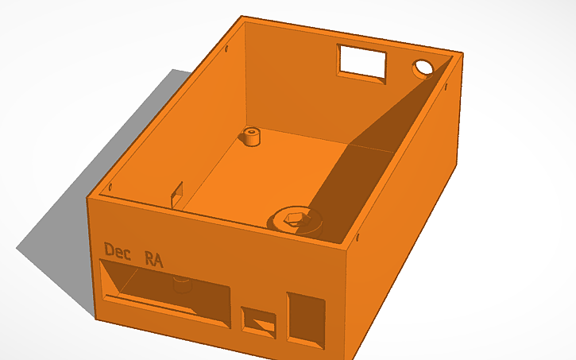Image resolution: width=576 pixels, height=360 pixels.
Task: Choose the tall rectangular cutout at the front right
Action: pos(306,318)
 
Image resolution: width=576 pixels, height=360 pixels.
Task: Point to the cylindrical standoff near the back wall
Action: pos(253,136)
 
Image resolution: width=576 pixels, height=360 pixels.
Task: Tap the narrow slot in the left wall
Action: pos(177,192)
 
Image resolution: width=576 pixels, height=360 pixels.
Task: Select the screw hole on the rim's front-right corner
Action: pos(358,237)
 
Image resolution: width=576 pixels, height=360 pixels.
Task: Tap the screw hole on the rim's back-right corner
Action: pos(450,63)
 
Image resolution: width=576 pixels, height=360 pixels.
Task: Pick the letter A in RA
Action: pos(160,258)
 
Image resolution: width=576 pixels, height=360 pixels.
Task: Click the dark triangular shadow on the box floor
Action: pos(373,151)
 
